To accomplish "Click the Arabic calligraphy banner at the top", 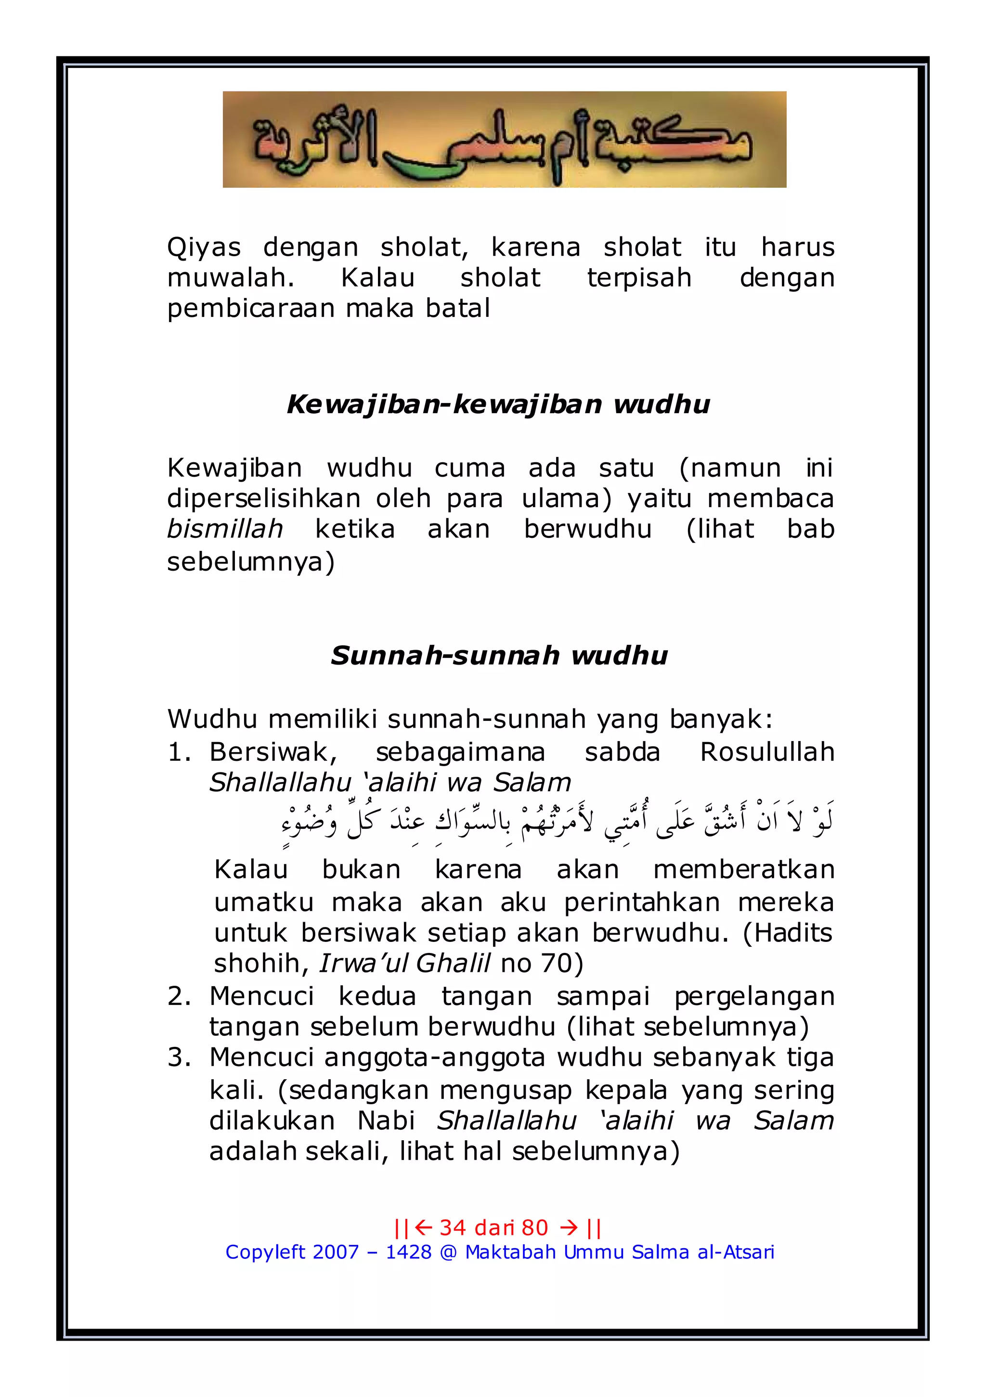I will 504,139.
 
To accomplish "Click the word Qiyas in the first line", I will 204,248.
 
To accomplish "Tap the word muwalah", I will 231,278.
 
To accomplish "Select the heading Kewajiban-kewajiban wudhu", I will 498,404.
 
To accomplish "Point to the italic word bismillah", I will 224,529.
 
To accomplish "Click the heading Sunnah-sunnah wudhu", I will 498,655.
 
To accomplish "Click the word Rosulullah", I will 766,753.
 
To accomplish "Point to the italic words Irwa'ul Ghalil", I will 404,963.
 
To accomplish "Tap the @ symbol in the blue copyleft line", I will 448,1252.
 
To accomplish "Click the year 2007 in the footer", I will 335,1252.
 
